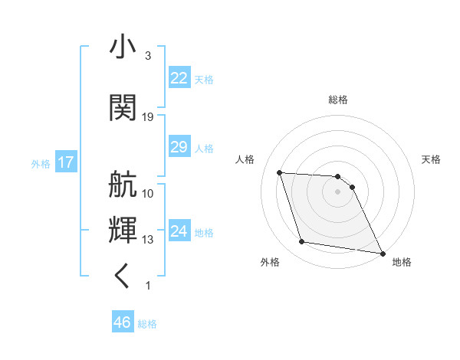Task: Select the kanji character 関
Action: tap(123, 107)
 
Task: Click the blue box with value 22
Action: tap(179, 77)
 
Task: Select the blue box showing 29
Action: tap(179, 146)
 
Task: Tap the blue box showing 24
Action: tap(179, 231)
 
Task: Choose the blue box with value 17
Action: tap(65, 162)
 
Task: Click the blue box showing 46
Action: tap(123, 322)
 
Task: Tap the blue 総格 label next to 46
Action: tap(147, 324)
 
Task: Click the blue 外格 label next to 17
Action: tap(40, 164)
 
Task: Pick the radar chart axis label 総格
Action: tap(338, 100)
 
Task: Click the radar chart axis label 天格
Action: tap(432, 159)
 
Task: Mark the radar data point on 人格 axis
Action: tap(280, 172)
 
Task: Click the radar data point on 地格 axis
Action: tap(383, 253)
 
